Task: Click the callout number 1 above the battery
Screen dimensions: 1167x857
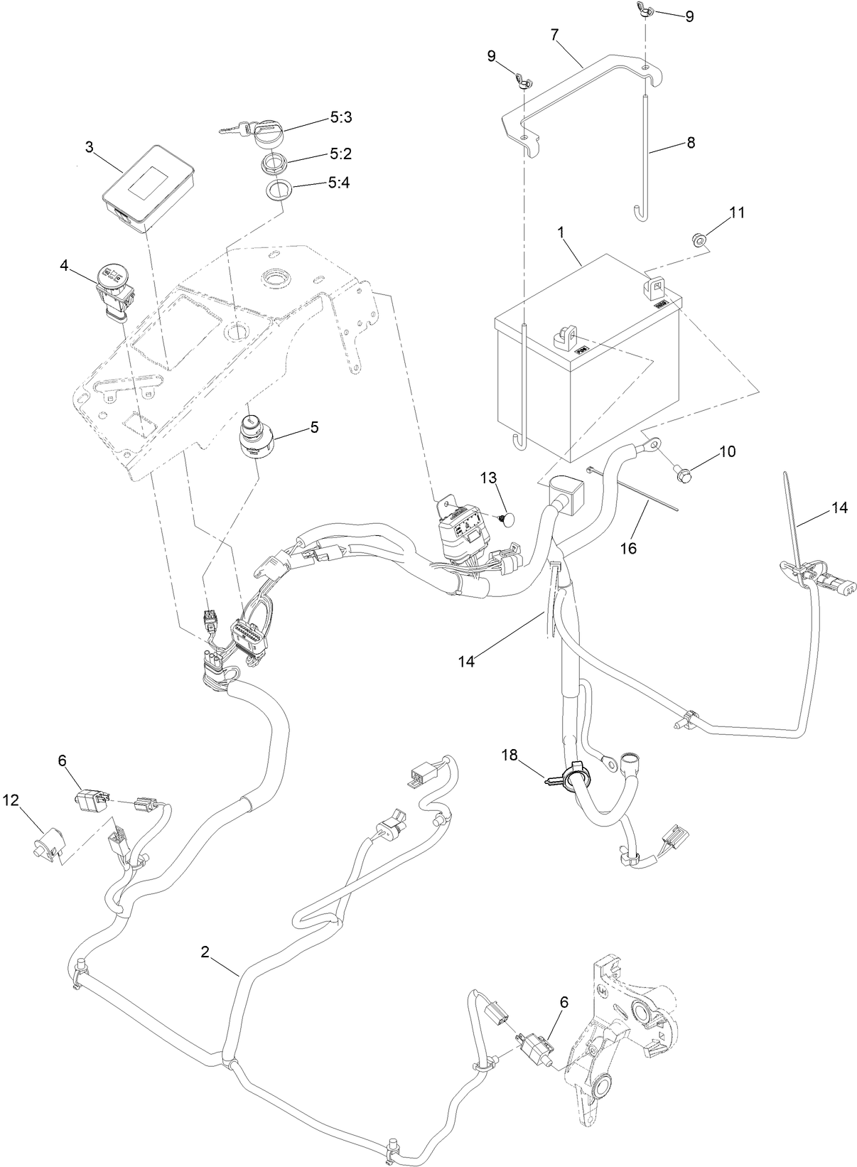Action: [x=561, y=233]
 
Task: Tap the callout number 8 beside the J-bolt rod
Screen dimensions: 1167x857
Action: [x=691, y=143]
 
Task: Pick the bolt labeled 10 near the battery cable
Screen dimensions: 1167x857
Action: [x=681, y=474]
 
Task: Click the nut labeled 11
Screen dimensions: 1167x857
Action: [x=699, y=240]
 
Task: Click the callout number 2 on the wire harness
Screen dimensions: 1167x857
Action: [x=205, y=953]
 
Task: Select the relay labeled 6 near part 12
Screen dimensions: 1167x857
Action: [x=90, y=800]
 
